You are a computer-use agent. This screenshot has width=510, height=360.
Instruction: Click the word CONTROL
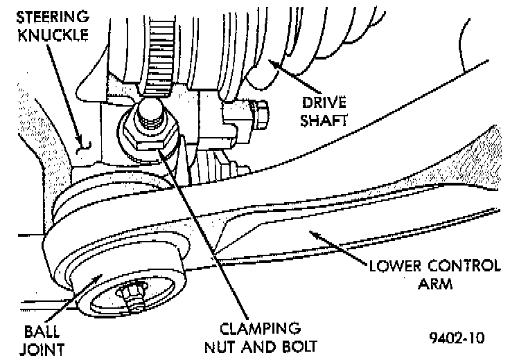click(461, 266)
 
